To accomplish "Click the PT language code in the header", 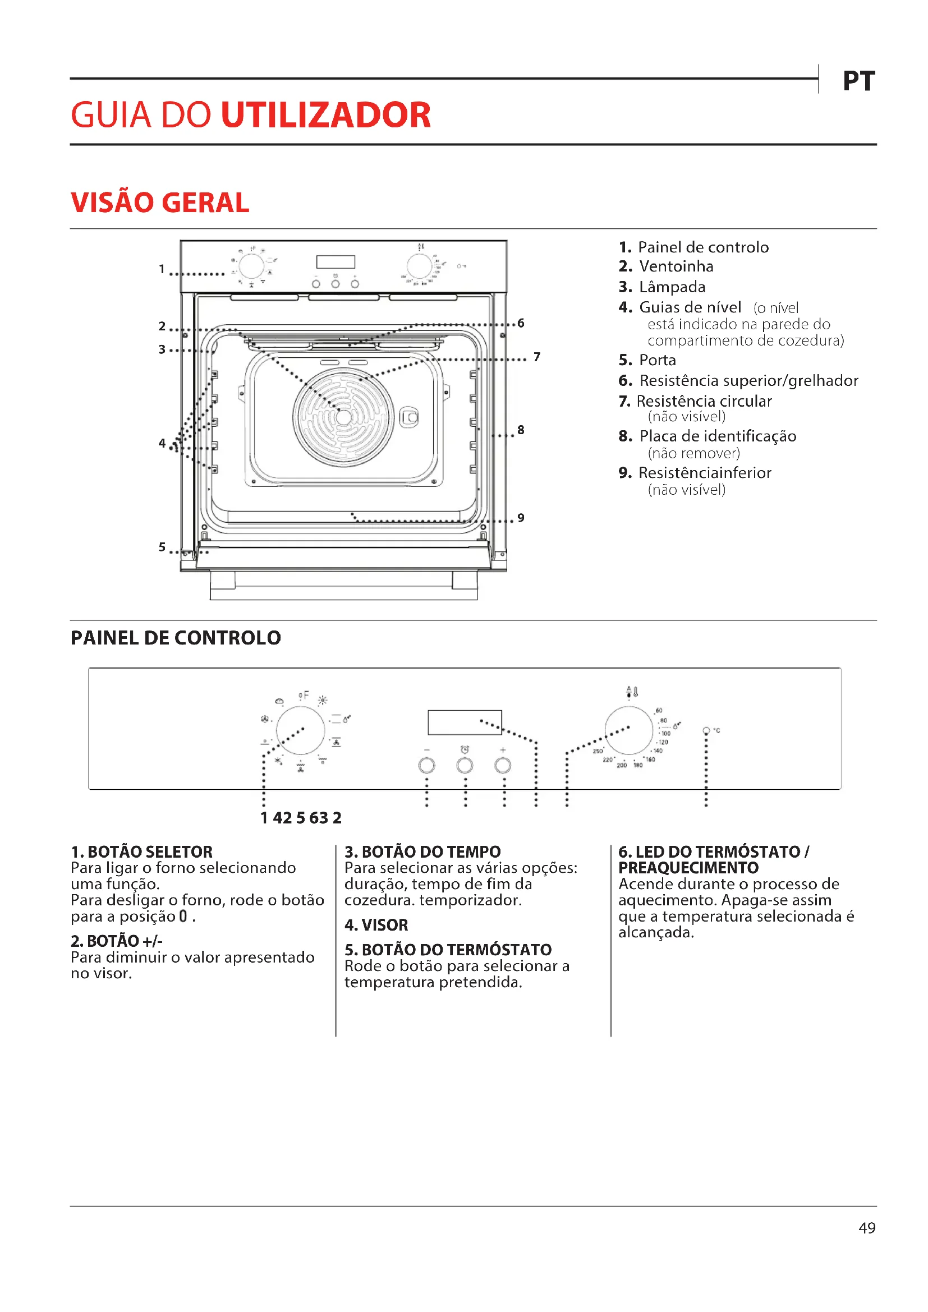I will click(858, 81).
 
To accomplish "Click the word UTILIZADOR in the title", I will click(325, 115).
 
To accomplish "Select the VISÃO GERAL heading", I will click(160, 203).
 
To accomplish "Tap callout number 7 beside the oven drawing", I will click(536, 357).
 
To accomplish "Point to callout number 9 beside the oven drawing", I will click(521, 518).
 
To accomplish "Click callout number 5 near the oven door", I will click(162, 547).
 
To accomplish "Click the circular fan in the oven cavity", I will click(343, 417).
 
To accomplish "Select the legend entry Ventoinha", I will click(676, 266).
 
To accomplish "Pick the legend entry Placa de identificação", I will click(717, 436).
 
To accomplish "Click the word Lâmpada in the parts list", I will click(672, 287).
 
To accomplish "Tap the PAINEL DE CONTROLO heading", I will click(176, 638).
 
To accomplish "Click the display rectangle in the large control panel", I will click(465, 722).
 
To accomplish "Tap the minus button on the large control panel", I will click(427, 765).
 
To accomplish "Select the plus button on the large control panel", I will click(503, 765).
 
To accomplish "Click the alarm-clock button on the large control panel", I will click(465, 765).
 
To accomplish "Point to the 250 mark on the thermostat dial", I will click(598, 751).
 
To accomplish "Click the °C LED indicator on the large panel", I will click(706, 731).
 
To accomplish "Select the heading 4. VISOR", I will click(376, 925).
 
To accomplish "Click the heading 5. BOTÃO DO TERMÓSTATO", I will click(447, 950).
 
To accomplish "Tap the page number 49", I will click(867, 1228).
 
